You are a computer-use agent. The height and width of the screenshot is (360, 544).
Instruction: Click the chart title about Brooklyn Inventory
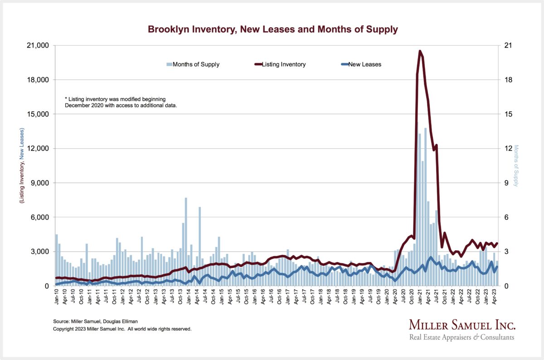coord(272,29)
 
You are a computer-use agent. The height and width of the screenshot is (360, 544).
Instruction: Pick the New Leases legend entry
coord(364,64)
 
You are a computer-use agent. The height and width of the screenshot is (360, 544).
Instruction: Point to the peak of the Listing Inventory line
coord(420,51)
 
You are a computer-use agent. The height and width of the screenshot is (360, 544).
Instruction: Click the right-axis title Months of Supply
coord(516,165)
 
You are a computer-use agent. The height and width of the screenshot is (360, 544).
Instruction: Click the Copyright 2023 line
coord(122,329)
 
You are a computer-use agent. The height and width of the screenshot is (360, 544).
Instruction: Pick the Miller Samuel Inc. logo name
coord(461,325)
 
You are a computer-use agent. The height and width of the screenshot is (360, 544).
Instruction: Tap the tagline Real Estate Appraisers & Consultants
coord(461,337)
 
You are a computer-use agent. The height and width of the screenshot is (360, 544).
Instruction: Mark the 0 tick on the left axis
coord(47,286)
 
